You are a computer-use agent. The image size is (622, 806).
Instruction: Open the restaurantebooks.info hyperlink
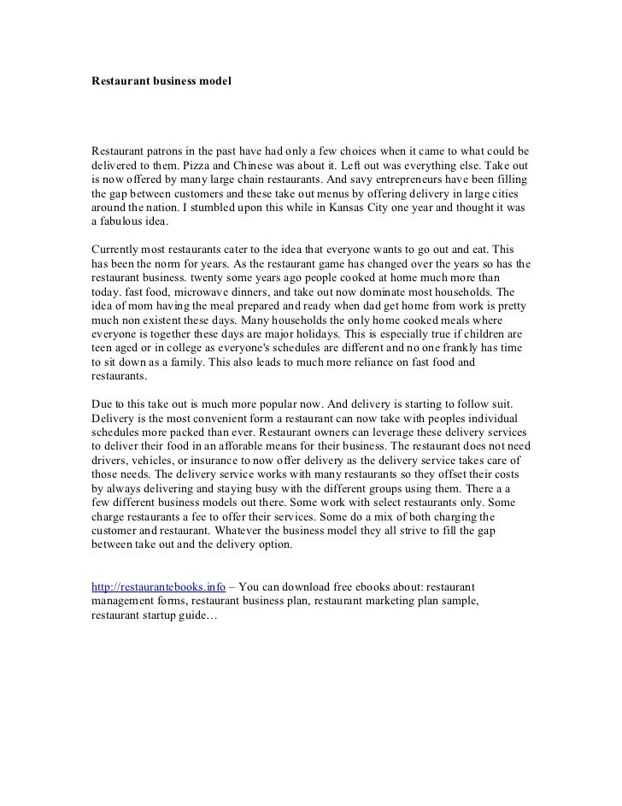click(x=158, y=588)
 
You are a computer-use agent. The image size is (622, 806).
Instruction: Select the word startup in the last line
click(x=167, y=618)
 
